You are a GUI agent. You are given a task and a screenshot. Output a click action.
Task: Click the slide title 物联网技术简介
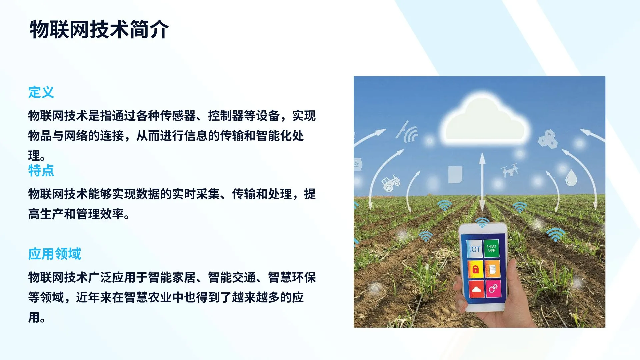pyautogui.click(x=99, y=29)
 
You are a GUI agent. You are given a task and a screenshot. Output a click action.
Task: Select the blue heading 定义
pyautogui.click(x=41, y=92)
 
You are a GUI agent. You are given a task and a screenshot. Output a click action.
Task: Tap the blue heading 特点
pyautogui.click(x=41, y=170)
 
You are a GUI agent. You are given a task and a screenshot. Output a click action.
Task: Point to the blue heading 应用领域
pyautogui.click(x=54, y=254)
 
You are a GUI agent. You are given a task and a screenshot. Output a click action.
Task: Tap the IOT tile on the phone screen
pyautogui.click(x=474, y=249)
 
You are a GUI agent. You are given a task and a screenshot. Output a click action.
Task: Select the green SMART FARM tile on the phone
pyautogui.click(x=491, y=249)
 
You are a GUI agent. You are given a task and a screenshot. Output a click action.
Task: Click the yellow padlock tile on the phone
pyautogui.click(x=475, y=269)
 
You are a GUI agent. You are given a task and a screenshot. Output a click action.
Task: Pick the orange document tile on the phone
pyautogui.click(x=492, y=269)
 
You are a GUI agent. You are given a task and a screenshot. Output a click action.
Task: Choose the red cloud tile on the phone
pyautogui.click(x=476, y=289)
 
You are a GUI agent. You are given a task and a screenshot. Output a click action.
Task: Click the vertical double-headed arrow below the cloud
pyautogui.click(x=482, y=182)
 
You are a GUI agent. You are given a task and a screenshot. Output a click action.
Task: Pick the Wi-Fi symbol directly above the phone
pyautogui.click(x=482, y=223)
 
